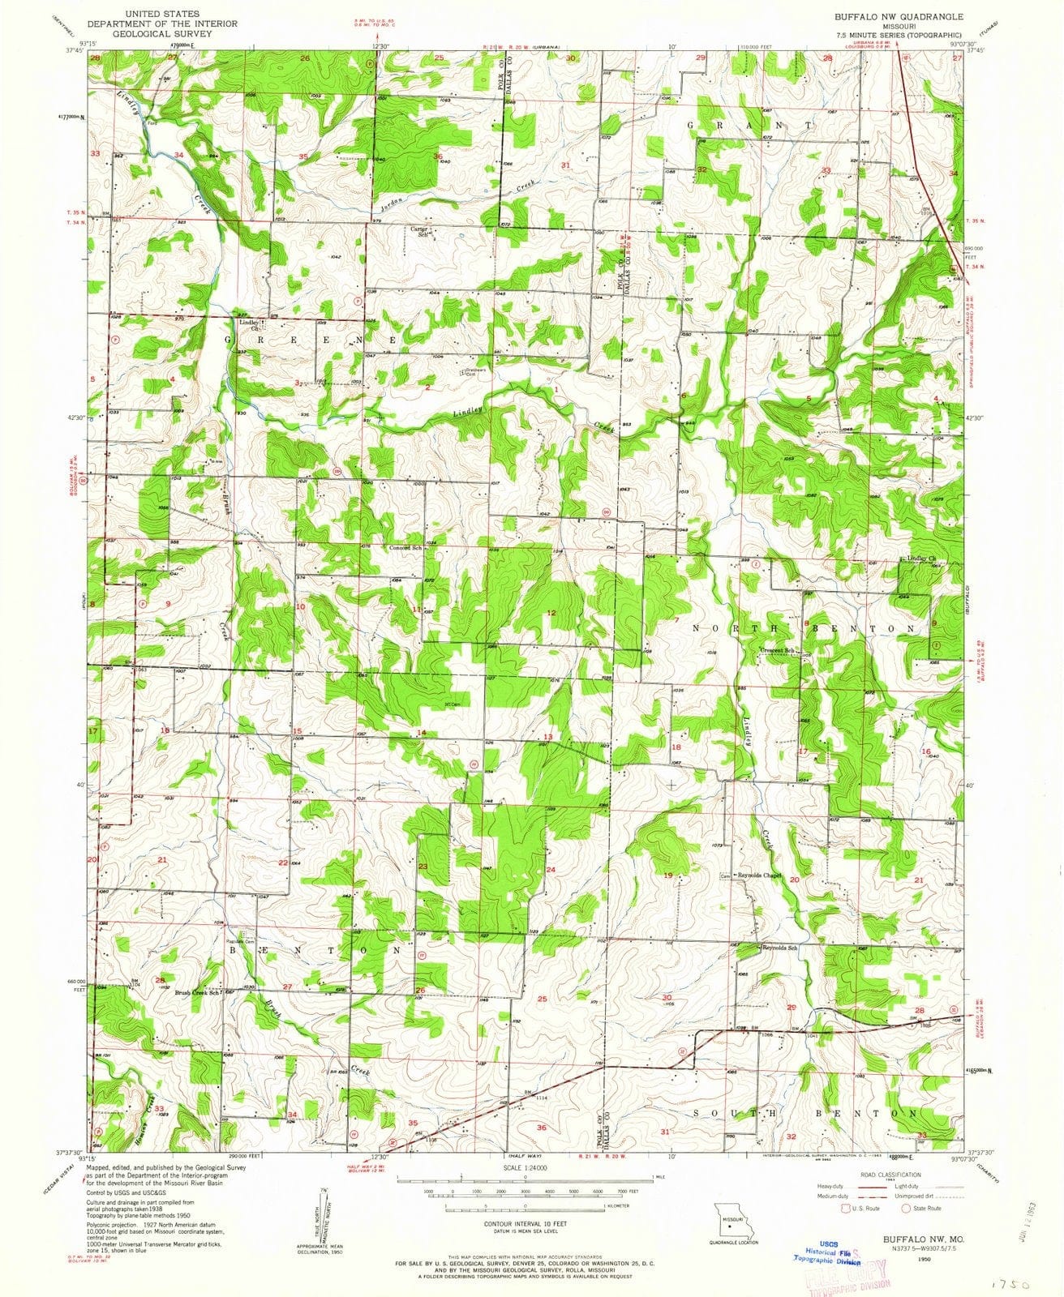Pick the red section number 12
(x=551, y=613)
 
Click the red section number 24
(x=551, y=870)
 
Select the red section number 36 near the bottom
(x=542, y=1128)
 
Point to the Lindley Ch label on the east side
(x=920, y=559)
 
